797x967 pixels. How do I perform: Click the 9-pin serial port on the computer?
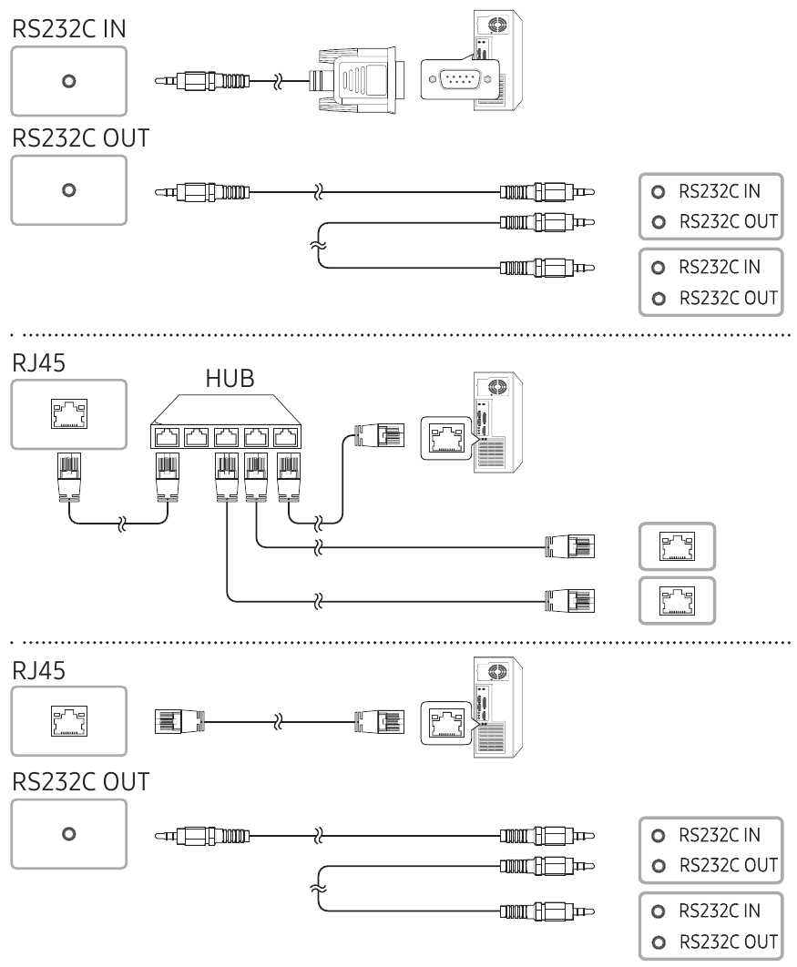point(455,80)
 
